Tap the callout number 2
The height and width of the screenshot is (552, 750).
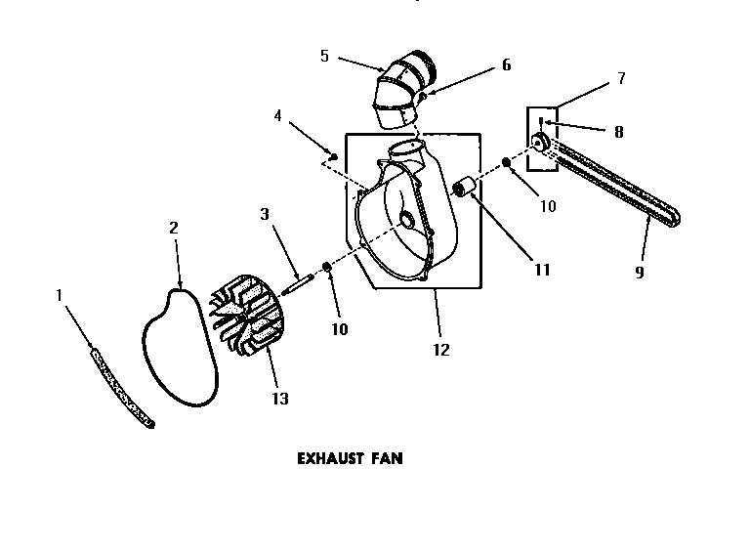coord(174,228)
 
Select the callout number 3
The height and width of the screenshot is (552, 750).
coord(264,213)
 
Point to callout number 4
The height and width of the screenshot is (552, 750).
coord(278,115)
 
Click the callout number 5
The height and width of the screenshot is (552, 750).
coord(324,56)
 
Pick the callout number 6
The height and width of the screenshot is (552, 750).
coord(506,64)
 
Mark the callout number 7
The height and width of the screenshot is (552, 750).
coord(620,78)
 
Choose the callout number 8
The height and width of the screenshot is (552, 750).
coord(619,132)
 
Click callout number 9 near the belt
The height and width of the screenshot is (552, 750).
coord(640,273)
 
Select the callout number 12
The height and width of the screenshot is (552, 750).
coord(441,350)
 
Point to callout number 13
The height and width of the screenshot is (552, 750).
coord(281,399)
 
